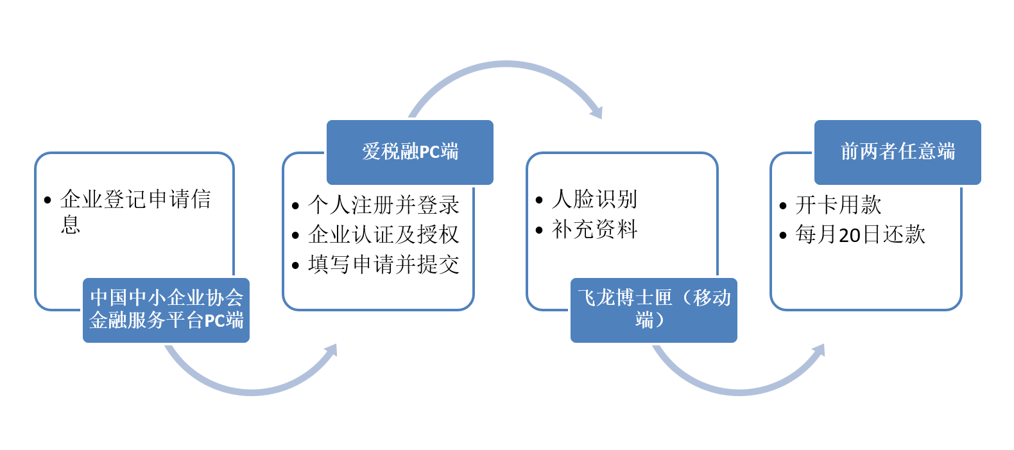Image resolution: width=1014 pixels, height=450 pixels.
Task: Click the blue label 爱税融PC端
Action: (x=410, y=152)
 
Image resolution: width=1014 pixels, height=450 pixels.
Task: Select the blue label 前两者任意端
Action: (x=898, y=152)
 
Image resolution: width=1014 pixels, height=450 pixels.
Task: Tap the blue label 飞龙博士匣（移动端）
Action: (x=654, y=310)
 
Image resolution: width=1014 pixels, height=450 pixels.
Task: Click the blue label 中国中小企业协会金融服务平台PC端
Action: (x=166, y=310)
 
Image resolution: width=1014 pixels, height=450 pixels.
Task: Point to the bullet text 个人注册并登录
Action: (x=383, y=205)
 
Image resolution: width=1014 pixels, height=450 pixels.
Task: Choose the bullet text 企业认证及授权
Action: (x=383, y=234)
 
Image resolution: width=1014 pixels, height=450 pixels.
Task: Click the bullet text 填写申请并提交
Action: (x=383, y=264)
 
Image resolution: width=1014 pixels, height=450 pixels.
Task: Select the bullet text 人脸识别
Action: (x=594, y=199)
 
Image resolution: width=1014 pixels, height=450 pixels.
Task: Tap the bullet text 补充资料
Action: (x=594, y=229)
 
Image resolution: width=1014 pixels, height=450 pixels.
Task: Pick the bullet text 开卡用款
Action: (x=838, y=205)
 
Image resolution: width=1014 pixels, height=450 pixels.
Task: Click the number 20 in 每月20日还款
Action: (x=849, y=236)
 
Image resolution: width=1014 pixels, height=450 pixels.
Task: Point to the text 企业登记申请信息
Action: (x=135, y=212)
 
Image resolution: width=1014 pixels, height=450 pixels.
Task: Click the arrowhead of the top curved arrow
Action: (x=597, y=111)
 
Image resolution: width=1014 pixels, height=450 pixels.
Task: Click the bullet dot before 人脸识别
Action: (x=538, y=200)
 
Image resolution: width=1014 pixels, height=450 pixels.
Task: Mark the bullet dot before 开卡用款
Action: (x=783, y=206)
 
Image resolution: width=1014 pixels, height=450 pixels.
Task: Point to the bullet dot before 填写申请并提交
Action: (x=295, y=265)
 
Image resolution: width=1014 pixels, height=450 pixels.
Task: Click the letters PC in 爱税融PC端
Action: (x=429, y=153)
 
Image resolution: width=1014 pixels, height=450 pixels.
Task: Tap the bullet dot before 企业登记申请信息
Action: (x=47, y=200)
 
